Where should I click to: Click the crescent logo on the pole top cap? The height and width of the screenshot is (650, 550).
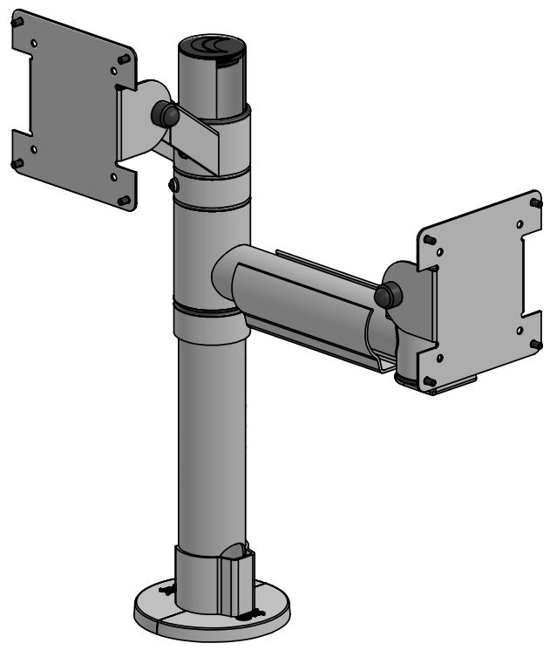pyautogui.click(x=213, y=46)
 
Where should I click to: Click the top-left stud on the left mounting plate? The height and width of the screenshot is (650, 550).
pyautogui.click(x=18, y=24)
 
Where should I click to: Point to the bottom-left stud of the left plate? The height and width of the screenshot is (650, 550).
pyautogui.click(x=17, y=164)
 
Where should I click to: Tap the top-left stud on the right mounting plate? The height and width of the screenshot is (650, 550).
pyautogui.click(x=427, y=238)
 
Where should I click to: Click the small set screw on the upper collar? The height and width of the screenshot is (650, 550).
pyautogui.click(x=173, y=185)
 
